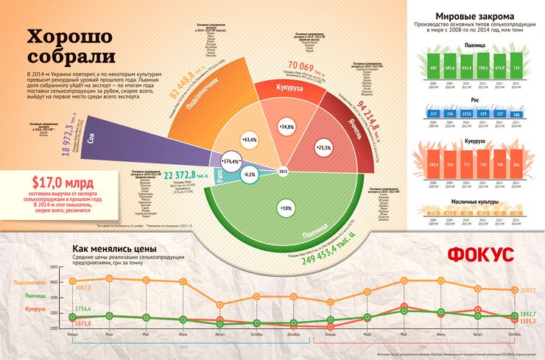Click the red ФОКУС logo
pos(482,254)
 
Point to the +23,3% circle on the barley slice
pos(325,147)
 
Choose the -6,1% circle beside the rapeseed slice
pos(249,174)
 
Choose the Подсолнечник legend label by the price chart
pos(29,283)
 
